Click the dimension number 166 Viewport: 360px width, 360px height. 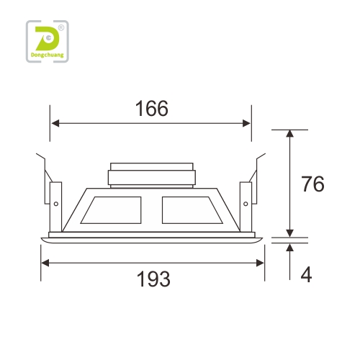click(152, 109)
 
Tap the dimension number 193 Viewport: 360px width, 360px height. click(153, 279)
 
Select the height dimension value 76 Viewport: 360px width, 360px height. click(312, 184)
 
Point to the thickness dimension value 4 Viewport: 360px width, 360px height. click(306, 274)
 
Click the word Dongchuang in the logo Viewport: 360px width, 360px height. click(48, 55)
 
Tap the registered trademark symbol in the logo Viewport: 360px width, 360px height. click(61, 28)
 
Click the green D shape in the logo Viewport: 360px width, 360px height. click(48, 38)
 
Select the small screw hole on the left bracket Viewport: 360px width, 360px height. click(56, 204)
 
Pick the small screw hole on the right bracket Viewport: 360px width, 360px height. click(246, 204)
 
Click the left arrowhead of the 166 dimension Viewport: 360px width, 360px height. click(55, 123)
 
